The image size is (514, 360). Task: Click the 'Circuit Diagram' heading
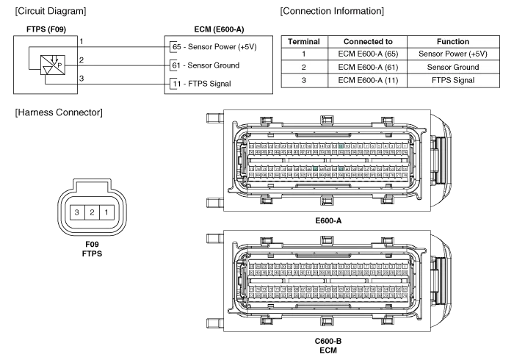[50, 11]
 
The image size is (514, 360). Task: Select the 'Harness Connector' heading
[59, 112]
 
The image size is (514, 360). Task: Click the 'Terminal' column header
[303, 42]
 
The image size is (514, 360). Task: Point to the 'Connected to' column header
[368, 42]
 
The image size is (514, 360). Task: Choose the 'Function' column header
[452, 42]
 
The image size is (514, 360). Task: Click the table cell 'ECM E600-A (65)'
[368, 54]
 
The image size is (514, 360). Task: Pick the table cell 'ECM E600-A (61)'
[368, 67]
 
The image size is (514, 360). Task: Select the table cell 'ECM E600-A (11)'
[368, 79]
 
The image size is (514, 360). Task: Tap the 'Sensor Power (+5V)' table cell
[452, 54]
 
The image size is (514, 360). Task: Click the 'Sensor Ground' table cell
[452, 67]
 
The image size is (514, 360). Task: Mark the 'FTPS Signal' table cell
[452, 79]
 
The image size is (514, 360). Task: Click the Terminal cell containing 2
[303, 67]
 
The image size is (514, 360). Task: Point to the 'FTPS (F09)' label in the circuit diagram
[46, 29]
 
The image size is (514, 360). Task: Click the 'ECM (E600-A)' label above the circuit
[220, 29]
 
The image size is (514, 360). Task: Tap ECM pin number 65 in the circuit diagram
[175, 47]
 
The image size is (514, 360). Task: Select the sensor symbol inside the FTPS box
[51, 62]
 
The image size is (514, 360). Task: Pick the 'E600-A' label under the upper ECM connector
[328, 220]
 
